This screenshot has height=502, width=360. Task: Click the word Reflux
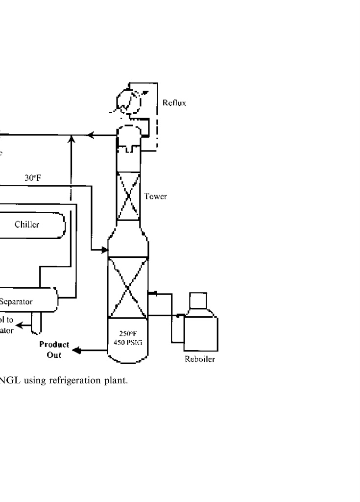pos(174,103)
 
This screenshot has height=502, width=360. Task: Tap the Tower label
pos(156,197)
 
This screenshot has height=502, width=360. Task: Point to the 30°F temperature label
pos(33,177)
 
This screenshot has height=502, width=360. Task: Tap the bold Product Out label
pos(54,349)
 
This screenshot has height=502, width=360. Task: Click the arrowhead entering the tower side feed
pos(104,250)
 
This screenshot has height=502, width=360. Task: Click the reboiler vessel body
pos(201,333)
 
